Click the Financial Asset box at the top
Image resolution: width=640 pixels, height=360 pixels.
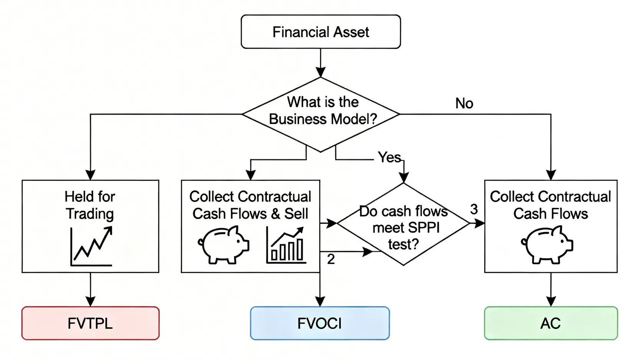[x=321, y=32]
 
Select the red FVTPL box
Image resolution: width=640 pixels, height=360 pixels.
[x=90, y=323]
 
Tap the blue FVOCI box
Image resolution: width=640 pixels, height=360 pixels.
[x=320, y=323]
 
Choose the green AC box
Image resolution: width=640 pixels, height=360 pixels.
[x=551, y=323]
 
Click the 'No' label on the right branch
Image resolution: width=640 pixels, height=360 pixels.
[x=464, y=103]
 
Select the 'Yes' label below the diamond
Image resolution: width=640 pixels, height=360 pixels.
[x=389, y=157]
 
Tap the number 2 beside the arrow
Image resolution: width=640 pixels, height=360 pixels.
[x=331, y=259]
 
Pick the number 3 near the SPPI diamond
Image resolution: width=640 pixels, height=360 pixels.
[x=474, y=209]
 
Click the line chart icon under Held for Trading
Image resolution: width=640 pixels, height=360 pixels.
[x=91, y=246]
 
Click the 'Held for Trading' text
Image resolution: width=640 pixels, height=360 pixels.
[x=90, y=205]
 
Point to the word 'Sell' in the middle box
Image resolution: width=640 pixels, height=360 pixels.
[x=296, y=214]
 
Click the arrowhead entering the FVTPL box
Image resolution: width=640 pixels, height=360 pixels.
[x=90, y=302]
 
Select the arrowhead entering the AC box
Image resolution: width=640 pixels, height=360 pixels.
[x=551, y=302]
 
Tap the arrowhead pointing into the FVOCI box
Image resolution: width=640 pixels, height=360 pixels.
[x=320, y=302]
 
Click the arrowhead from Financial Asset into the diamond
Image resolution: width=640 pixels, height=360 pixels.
[x=321, y=72]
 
